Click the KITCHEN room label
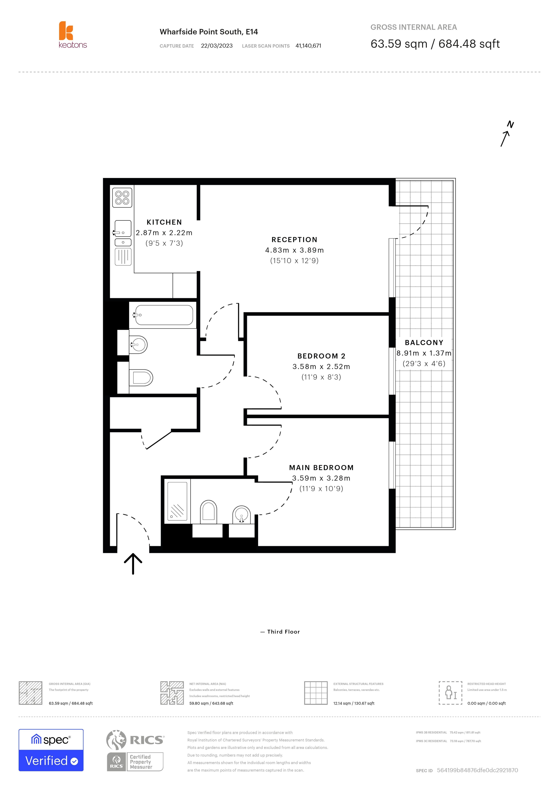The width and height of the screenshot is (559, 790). point(164,222)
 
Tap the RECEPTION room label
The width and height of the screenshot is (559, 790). point(294,240)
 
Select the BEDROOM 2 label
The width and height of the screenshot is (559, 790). point(321,356)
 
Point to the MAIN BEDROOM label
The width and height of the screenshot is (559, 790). point(321,468)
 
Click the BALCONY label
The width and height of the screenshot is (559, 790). point(424,343)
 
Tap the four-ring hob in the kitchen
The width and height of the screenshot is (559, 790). point(122,197)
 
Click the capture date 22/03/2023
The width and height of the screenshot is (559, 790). point(217,46)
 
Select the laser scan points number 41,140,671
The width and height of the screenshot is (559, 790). point(308,46)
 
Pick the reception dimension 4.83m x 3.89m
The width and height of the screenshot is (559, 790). point(294,250)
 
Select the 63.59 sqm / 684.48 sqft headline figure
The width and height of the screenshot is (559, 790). point(435,44)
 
